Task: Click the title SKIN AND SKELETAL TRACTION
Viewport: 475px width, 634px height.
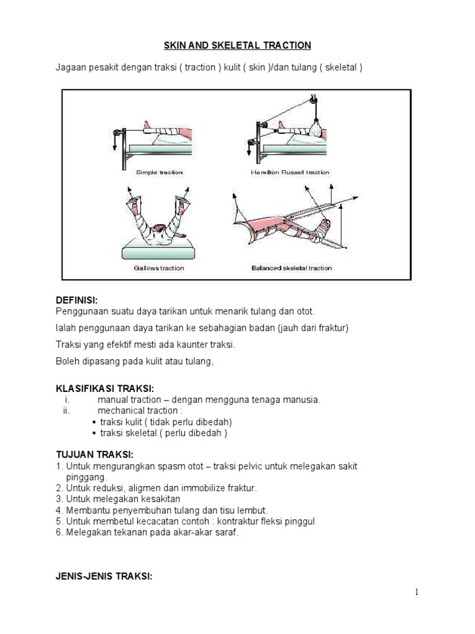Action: pyautogui.click(x=237, y=46)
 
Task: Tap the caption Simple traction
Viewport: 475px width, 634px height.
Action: pyautogui.click(x=159, y=172)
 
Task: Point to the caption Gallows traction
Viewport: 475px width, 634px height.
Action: pyautogui.click(x=159, y=268)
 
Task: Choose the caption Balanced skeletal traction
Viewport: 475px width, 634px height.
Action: pyautogui.click(x=291, y=268)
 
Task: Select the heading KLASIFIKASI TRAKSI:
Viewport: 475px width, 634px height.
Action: pyautogui.click(x=105, y=388)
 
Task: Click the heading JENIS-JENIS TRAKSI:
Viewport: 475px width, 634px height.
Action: pyautogui.click(x=104, y=576)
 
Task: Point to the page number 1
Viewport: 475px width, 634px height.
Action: pyautogui.click(x=417, y=593)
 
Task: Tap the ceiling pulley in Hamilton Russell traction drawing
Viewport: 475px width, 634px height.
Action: pyautogui.click(x=314, y=99)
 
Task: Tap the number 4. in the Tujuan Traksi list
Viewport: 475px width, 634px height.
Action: pyautogui.click(x=60, y=510)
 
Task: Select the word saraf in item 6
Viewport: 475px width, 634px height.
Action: pyautogui.click(x=225, y=532)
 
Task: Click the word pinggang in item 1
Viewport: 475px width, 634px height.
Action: pyautogui.click(x=86, y=477)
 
